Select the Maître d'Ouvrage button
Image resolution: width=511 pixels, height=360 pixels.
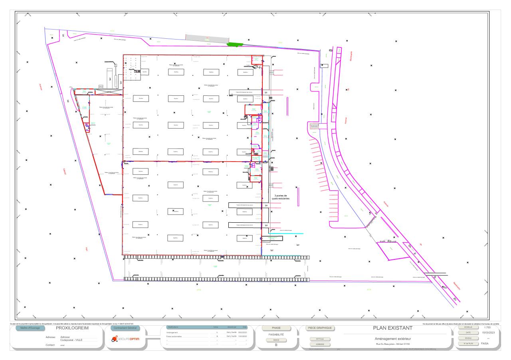28,328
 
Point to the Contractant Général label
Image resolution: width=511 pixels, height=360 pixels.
125,328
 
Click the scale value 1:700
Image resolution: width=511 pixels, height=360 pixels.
487,327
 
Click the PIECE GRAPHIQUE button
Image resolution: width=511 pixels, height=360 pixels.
319,328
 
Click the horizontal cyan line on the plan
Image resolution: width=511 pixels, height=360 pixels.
291,233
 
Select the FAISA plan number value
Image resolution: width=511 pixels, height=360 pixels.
485,343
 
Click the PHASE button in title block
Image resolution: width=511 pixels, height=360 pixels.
276,328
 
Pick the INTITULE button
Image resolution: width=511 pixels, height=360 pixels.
320,339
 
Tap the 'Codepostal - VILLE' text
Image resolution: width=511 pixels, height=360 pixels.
71,340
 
